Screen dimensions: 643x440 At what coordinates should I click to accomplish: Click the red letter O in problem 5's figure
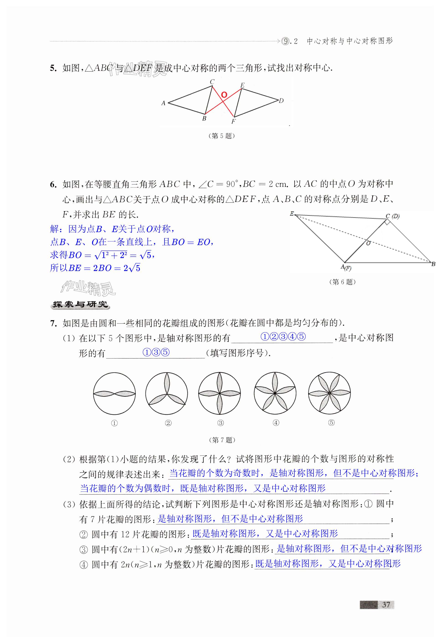pos(224,95)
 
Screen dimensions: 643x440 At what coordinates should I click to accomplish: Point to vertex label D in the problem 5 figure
pos(281,101)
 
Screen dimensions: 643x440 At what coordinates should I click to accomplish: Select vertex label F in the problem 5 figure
pos(233,121)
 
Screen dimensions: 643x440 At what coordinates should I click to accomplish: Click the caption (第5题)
pos(221,136)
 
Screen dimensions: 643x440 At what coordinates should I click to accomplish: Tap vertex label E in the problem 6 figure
pos(292,214)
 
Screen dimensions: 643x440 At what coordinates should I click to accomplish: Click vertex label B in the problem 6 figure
pos(433,264)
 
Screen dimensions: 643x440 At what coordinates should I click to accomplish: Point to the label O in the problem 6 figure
pos(368,243)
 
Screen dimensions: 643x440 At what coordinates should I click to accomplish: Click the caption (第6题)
pos(342,282)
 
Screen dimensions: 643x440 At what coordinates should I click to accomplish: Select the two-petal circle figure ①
pos(114,393)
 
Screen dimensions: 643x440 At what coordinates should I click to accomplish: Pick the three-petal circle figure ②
pos(167,393)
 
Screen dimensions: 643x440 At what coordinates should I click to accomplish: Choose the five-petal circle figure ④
pos(275,393)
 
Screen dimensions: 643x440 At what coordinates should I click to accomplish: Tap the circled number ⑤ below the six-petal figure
pos(331,423)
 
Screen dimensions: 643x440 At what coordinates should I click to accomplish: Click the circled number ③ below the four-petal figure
pos(221,423)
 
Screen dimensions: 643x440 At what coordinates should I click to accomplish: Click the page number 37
pos(386,605)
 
